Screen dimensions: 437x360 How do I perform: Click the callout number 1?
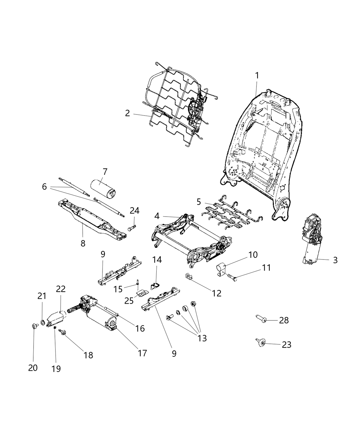pyautogui.click(x=256, y=75)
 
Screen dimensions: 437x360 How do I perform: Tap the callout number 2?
pyautogui.click(x=128, y=113)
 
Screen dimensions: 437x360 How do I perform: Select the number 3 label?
pyautogui.click(x=335, y=260)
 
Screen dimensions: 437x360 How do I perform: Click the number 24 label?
pyautogui.click(x=134, y=211)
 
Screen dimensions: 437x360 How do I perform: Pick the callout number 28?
pyautogui.click(x=284, y=320)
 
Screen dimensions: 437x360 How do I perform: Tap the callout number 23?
pyautogui.click(x=286, y=345)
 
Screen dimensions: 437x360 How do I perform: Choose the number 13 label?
pyautogui.click(x=202, y=338)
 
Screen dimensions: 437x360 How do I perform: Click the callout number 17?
pyautogui.click(x=142, y=353)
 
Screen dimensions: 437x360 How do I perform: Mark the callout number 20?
pyautogui.click(x=33, y=368)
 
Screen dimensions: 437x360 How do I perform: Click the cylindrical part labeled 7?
pyautogui.click(x=101, y=187)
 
